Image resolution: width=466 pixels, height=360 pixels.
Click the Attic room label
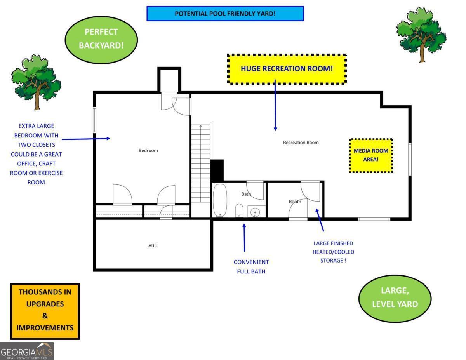(x=153, y=245)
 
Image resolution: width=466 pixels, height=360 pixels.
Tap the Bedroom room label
(x=148, y=150)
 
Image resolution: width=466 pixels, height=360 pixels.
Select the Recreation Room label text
(x=301, y=143)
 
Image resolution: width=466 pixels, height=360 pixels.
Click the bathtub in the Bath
(x=219, y=200)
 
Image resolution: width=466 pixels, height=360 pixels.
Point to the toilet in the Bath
(x=239, y=210)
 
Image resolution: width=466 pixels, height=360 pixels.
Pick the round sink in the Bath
(x=255, y=212)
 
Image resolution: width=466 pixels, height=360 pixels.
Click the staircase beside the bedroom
(x=201, y=163)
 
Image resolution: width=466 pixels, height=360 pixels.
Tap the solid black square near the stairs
(x=217, y=170)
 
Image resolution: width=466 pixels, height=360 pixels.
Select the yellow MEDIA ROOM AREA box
(x=371, y=155)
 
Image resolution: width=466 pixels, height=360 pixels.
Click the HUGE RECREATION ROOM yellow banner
(x=287, y=69)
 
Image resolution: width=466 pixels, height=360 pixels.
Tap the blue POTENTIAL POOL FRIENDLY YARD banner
(x=225, y=14)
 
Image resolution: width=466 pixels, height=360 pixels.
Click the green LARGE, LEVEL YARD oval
(x=395, y=298)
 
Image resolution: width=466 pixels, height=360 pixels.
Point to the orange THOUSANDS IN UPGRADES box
(x=45, y=311)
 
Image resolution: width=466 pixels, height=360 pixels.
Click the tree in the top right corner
(x=421, y=34)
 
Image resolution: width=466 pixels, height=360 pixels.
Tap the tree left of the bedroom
(x=36, y=81)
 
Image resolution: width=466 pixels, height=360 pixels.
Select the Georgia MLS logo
(x=27, y=351)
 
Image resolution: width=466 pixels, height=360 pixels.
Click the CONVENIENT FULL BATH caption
(x=251, y=267)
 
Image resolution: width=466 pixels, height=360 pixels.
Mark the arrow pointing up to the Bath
(x=244, y=238)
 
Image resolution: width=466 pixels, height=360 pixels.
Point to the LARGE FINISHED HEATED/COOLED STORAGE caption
(x=333, y=252)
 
